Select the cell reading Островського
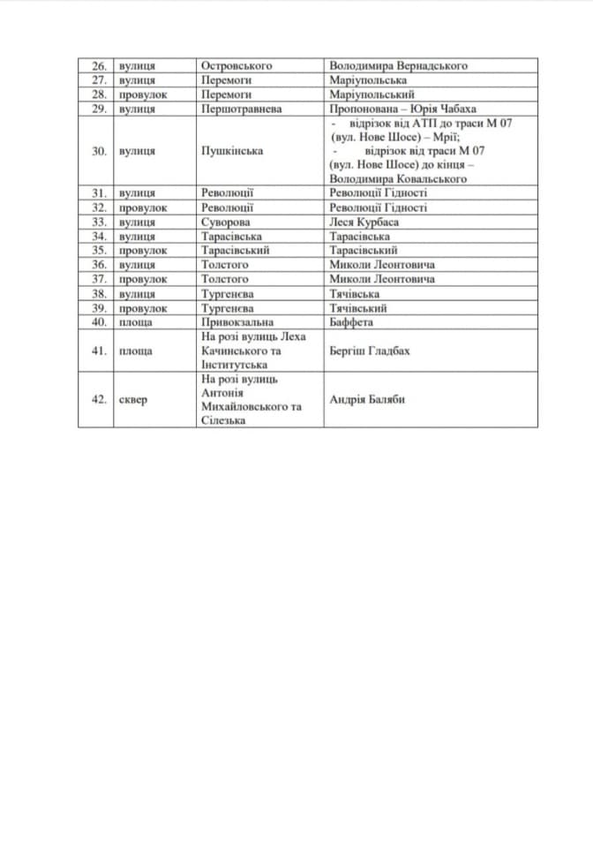[236, 65]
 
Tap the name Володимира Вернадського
[397, 65]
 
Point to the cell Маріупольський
[371, 94]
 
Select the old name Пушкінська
[232, 151]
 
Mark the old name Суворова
[225, 222]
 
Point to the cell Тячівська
[355, 293]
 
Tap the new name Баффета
[351, 322]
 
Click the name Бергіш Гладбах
[369, 351]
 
